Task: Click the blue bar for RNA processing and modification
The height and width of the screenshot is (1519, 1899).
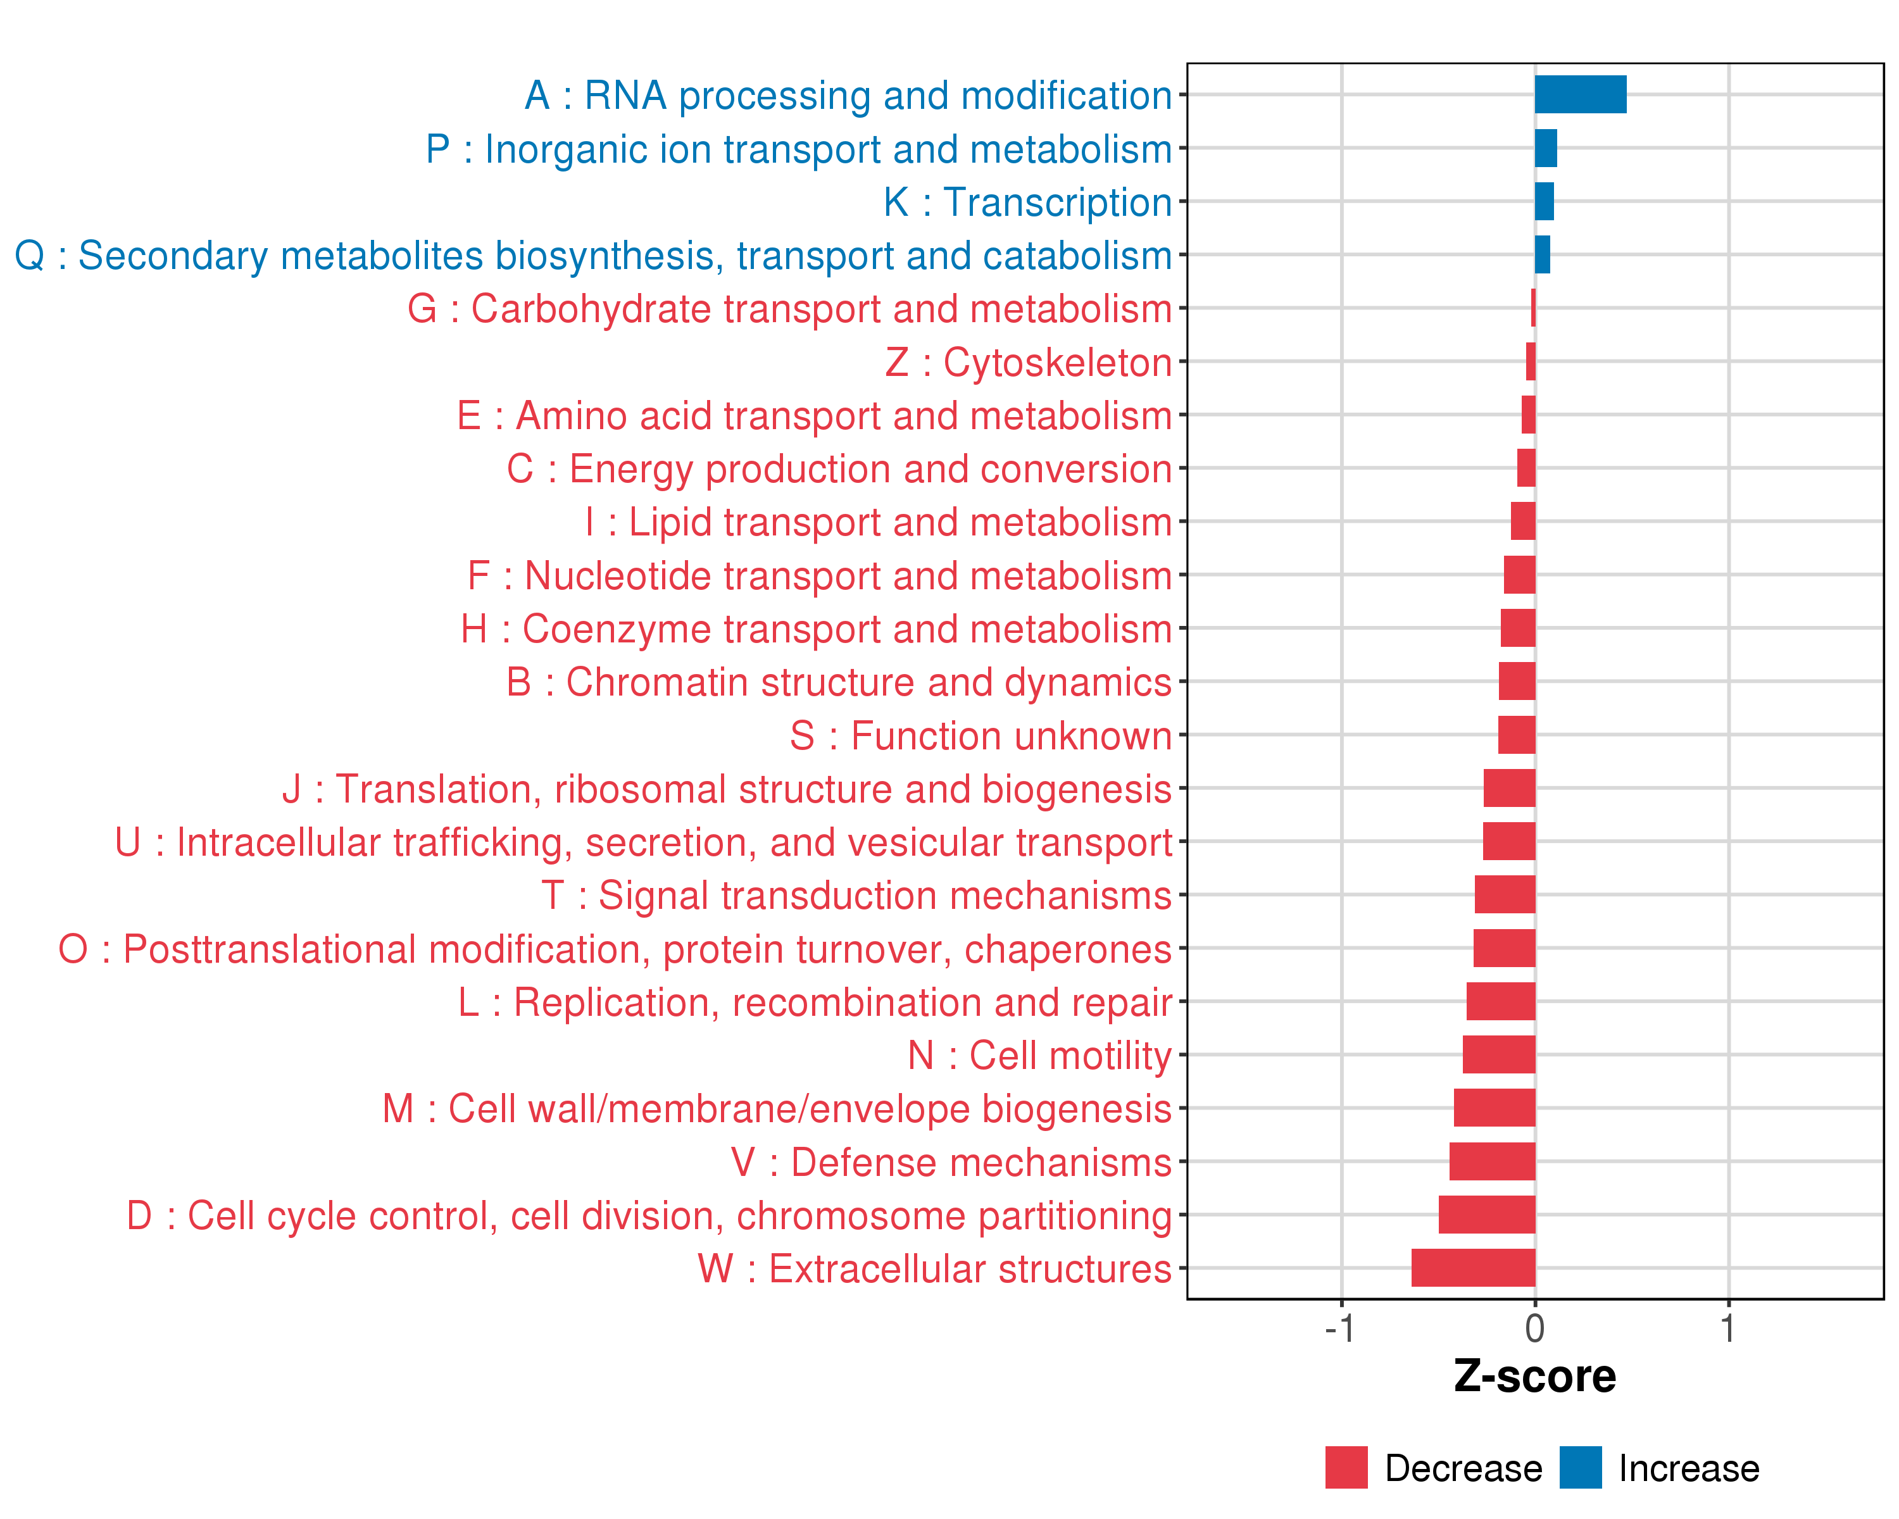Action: pyautogui.click(x=1580, y=94)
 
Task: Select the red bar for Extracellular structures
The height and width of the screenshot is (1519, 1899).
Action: pyautogui.click(x=1473, y=1268)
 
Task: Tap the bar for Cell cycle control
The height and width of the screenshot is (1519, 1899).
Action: pyautogui.click(x=1487, y=1215)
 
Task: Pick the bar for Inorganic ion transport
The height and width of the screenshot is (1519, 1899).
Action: pyautogui.click(x=1546, y=148)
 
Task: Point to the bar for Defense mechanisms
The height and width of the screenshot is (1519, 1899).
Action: pyautogui.click(x=1492, y=1161)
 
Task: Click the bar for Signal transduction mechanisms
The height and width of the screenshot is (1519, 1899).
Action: pyautogui.click(x=1505, y=895)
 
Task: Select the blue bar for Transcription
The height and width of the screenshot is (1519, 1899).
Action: pyautogui.click(x=1544, y=202)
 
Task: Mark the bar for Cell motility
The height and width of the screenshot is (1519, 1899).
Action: pyautogui.click(x=1498, y=1055)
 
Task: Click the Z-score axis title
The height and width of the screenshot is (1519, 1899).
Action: pyautogui.click(x=1535, y=1377)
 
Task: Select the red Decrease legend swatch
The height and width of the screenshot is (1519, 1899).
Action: pyautogui.click(x=1346, y=1468)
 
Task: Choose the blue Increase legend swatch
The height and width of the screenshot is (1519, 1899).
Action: pyautogui.click(x=1580, y=1468)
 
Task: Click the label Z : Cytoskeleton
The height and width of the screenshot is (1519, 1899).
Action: pyautogui.click(x=1028, y=363)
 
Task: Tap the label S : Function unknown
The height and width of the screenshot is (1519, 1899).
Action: pyautogui.click(x=981, y=736)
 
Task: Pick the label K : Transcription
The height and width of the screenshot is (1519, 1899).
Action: pyautogui.click(x=1027, y=203)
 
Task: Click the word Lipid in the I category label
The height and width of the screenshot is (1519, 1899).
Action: pyautogui.click(x=670, y=523)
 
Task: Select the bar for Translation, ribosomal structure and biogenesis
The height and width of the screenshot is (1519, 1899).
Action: pyautogui.click(x=1509, y=788)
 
